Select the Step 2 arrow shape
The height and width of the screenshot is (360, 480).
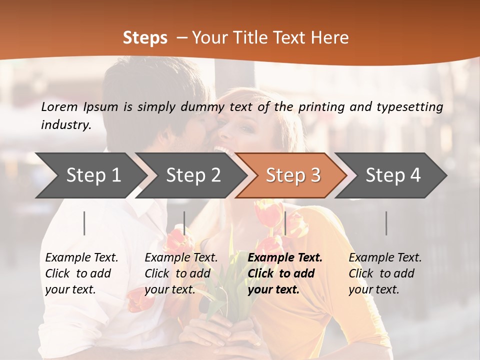coord(193,175)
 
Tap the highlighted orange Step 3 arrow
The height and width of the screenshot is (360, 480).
coord(293,175)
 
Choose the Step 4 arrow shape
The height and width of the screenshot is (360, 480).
coord(393,175)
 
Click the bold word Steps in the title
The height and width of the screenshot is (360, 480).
coord(145,38)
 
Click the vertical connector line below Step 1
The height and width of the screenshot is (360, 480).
coord(84,223)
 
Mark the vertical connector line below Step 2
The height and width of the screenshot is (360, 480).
coord(184,223)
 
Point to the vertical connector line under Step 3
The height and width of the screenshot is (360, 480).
coord(285,223)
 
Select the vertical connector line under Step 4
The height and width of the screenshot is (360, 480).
coord(386,223)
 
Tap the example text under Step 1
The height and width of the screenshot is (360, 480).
coord(81,273)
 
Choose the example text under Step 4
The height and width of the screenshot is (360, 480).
coord(385,273)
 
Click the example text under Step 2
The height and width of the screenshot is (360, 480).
coord(181,273)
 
